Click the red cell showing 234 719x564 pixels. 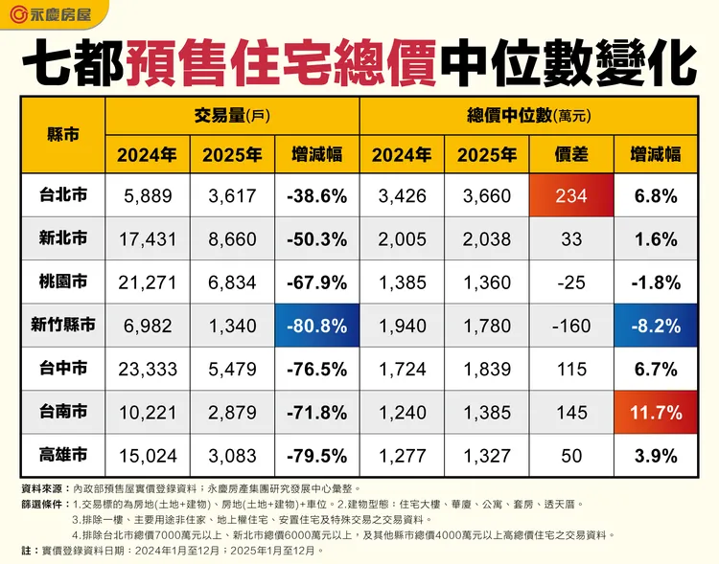(571, 195)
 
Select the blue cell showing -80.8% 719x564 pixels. (315, 326)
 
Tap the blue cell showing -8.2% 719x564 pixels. (656, 326)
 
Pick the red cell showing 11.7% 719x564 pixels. (656, 413)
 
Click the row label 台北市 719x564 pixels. (62, 195)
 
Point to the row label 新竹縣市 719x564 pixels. (62, 326)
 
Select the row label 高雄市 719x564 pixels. (62, 457)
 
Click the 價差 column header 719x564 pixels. (571, 153)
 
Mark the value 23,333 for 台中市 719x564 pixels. (148, 370)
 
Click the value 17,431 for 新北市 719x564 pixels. (148, 238)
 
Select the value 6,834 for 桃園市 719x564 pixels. (232, 282)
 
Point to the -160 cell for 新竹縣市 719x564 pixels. (571, 326)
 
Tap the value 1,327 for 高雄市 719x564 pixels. (486, 457)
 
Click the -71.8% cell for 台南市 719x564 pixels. (315, 413)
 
